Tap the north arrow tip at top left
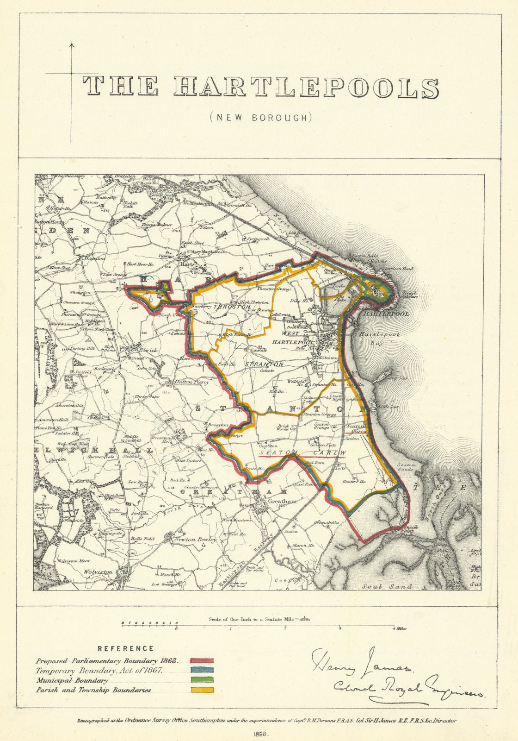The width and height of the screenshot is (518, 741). click(x=72, y=44)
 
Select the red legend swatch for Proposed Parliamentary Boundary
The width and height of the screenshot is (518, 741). click(x=202, y=660)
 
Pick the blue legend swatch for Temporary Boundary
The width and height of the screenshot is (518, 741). click(x=202, y=670)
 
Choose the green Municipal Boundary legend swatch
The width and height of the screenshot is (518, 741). click(x=202, y=680)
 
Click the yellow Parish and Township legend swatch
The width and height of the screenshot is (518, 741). click(x=202, y=690)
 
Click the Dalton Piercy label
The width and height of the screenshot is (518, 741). click(x=191, y=382)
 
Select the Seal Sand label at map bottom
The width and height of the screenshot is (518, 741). click(x=394, y=586)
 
